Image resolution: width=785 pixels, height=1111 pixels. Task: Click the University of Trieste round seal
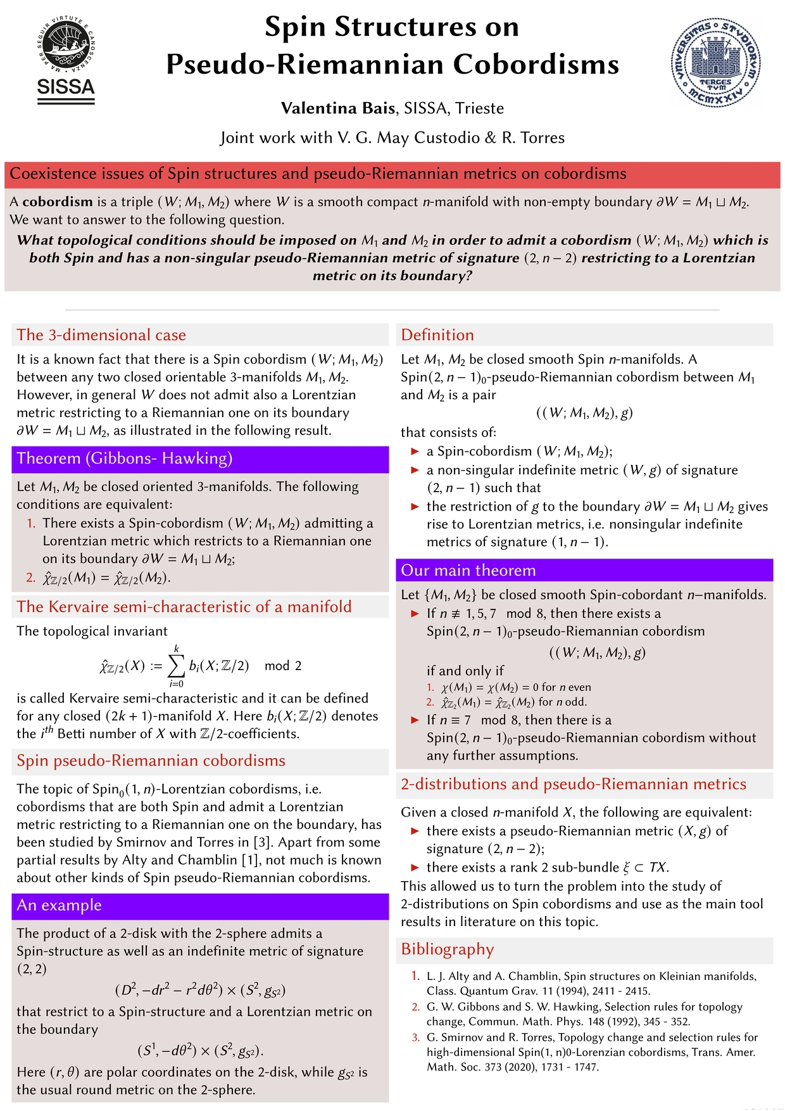[716, 61]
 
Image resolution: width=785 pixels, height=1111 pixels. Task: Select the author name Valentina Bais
[338, 108]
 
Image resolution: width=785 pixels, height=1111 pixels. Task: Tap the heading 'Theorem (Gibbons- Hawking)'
[125, 459]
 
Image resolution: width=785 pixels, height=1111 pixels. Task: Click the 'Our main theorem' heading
[468, 570]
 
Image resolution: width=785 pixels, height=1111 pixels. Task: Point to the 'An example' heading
[60, 905]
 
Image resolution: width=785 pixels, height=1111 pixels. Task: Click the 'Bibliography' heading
[448, 949]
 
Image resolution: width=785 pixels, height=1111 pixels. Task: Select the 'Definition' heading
[437, 335]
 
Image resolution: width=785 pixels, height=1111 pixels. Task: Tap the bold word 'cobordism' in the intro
[58, 202]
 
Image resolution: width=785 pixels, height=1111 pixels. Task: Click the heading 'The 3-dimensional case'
[101, 335]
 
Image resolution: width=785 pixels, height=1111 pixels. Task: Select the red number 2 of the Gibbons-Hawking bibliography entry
[416, 1007]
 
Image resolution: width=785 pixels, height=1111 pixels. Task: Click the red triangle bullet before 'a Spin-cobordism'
[415, 452]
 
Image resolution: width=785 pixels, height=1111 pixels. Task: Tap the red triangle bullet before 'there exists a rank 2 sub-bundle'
[415, 868]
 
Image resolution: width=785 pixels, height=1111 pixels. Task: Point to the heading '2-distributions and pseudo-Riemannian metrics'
[574, 784]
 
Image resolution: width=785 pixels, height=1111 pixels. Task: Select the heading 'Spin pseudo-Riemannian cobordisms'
[151, 761]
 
